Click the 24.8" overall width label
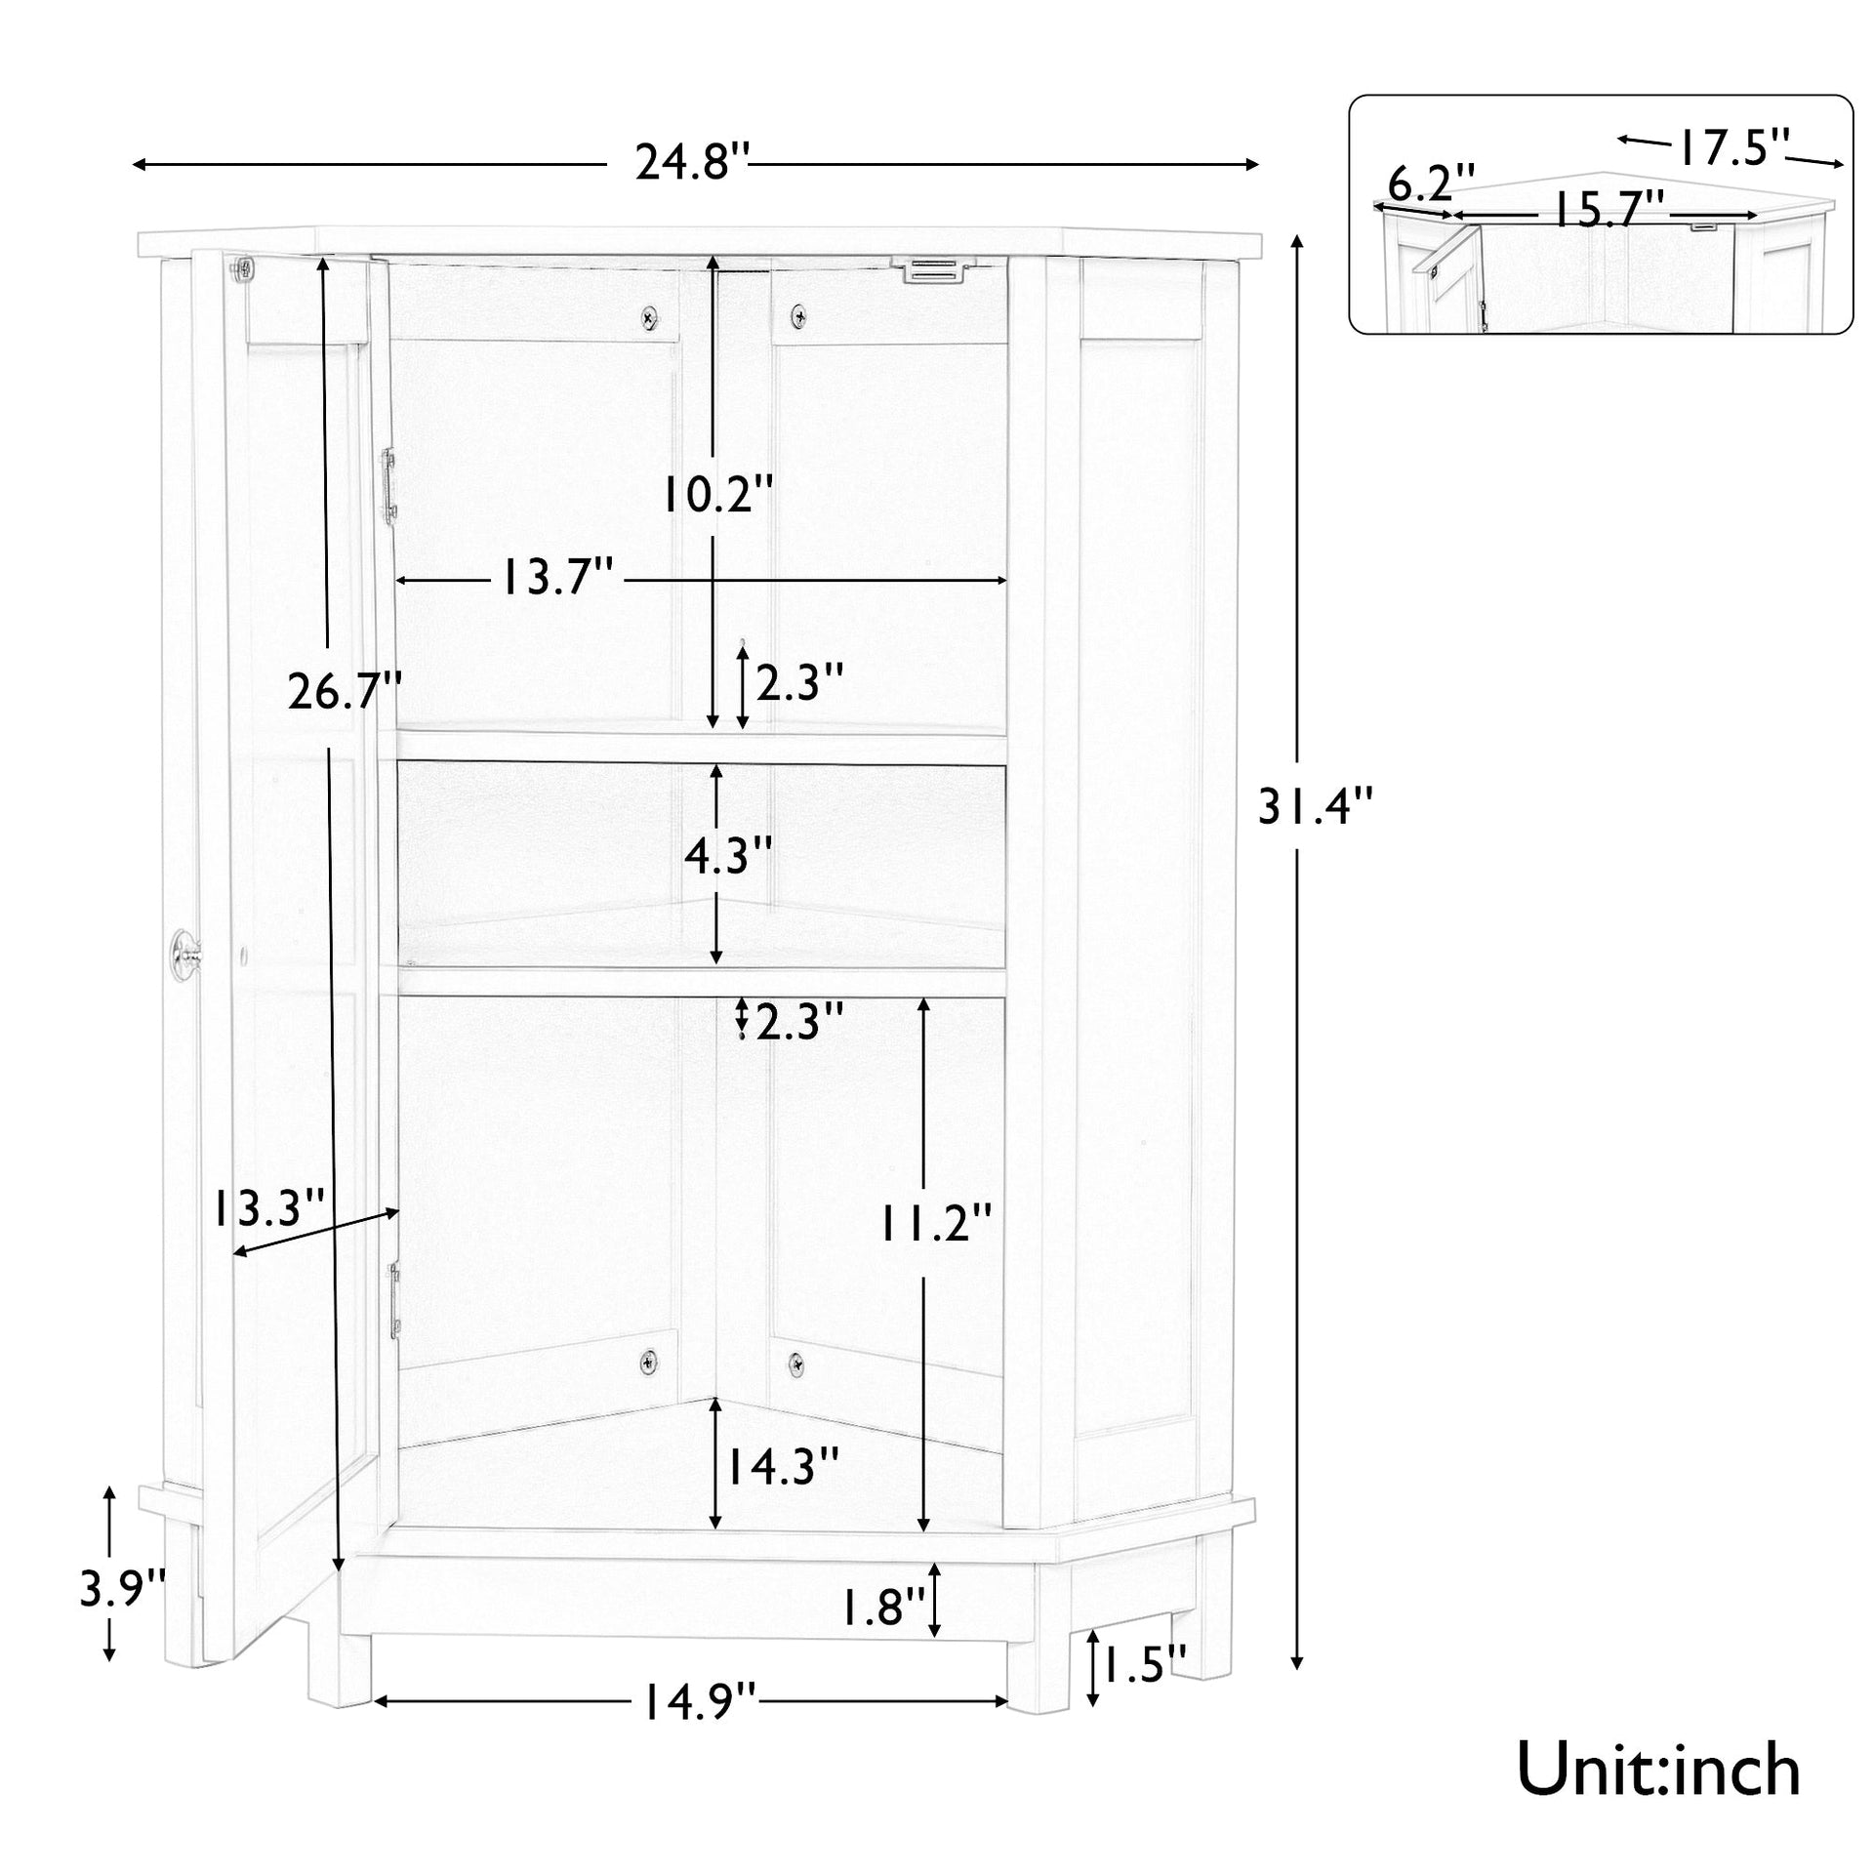693,162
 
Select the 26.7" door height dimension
344,693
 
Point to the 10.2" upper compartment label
717,495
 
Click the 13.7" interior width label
556,580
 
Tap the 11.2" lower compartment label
935,1223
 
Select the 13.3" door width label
268,1209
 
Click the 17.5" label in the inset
1733,148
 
